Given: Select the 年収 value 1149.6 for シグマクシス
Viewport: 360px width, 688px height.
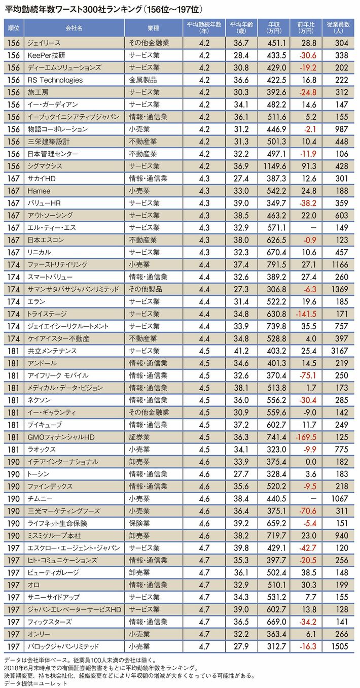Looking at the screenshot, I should tap(275, 166).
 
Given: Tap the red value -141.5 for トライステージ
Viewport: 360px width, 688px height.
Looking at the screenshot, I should tap(307, 314).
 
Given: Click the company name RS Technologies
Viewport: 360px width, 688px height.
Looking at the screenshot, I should tap(55, 80).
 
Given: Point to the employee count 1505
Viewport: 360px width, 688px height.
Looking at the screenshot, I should tap(341, 646).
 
